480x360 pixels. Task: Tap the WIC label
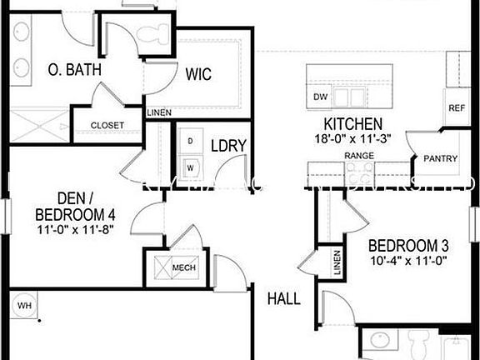198,74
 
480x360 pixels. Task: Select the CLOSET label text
107,126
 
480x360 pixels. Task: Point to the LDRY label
228,146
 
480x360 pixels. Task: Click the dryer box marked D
190,142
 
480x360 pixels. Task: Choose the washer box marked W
190,167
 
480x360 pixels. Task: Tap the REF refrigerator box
457,109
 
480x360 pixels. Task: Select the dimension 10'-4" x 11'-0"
408,260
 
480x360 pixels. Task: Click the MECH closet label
183,267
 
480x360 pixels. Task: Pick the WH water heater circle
24,306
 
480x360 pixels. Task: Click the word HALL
283,298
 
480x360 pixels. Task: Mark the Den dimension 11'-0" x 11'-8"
74,228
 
